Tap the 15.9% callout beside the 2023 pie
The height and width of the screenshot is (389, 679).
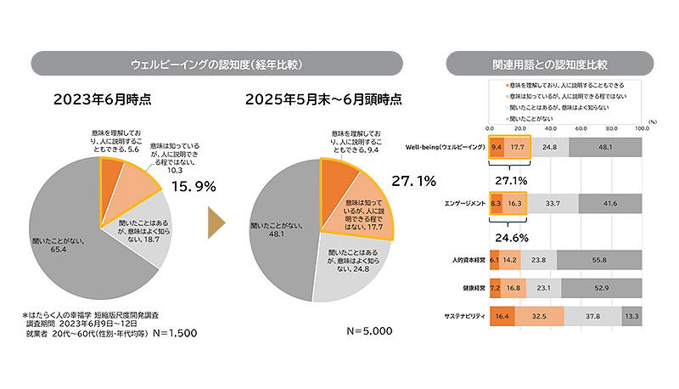(x=194, y=185)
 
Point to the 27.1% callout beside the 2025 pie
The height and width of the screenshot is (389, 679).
(x=412, y=180)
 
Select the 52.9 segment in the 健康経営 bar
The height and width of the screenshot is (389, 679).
(x=600, y=288)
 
